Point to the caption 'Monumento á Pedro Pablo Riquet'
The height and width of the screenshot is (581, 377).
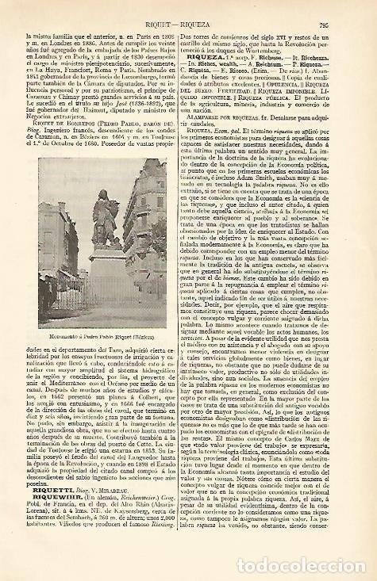click(98, 327)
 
